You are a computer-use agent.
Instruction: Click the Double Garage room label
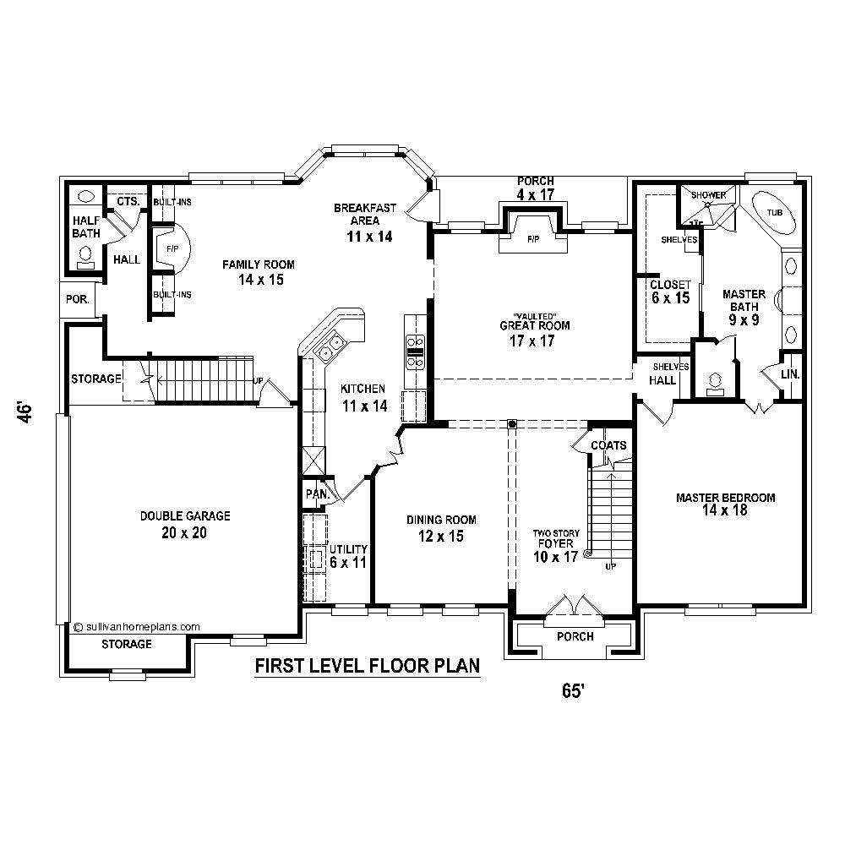(185, 524)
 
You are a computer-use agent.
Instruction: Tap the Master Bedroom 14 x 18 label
(725, 504)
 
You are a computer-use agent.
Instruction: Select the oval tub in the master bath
(774, 217)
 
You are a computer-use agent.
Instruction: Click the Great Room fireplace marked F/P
(533, 239)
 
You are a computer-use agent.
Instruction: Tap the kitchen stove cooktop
(415, 352)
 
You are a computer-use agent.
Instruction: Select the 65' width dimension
(573, 690)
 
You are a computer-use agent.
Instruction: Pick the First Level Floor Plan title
(368, 667)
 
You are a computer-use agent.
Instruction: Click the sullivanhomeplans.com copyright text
(137, 627)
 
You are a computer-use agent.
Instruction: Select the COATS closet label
(608, 445)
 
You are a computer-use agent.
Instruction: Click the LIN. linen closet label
(791, 373)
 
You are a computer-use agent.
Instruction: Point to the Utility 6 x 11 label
(347, 555)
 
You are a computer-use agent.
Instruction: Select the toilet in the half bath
(85, 254)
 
